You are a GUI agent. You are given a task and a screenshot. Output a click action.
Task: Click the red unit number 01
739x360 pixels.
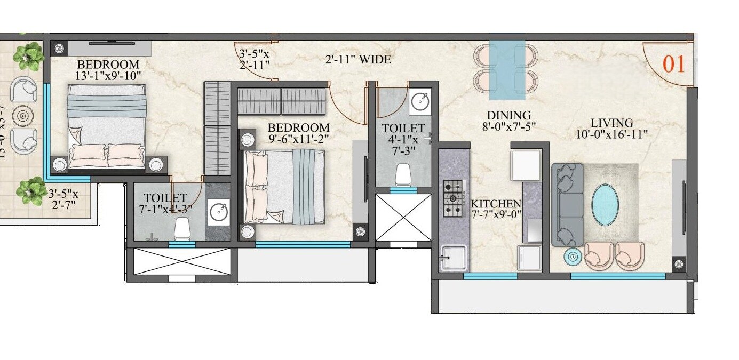(x=673, y=64)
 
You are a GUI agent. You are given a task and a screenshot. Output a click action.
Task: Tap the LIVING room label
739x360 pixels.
(x=611, y=123)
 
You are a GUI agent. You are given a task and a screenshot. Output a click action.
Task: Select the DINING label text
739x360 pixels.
(x=508, y=115)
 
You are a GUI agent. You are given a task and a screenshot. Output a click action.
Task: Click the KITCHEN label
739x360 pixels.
(x=496, y=204)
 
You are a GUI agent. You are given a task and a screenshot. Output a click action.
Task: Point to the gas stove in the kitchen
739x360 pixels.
(x=454, y=198)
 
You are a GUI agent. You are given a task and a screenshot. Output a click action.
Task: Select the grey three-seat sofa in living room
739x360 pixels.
(x=567, y=205)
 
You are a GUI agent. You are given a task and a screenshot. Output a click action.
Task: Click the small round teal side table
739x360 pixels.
(x=573, y=257)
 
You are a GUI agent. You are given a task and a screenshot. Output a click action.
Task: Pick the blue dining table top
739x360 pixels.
(x=507, y=70)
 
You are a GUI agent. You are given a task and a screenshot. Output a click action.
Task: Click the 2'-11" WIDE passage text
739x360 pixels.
(x=358, y=60)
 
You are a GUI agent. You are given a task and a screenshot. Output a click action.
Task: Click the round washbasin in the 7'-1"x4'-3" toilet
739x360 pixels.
(x=219, y=212)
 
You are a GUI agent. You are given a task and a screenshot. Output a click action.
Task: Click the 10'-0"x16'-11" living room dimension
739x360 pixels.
(x=611, y=134)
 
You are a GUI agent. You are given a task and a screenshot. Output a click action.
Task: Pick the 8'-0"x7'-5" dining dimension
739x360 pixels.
(x=508, y=126)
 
